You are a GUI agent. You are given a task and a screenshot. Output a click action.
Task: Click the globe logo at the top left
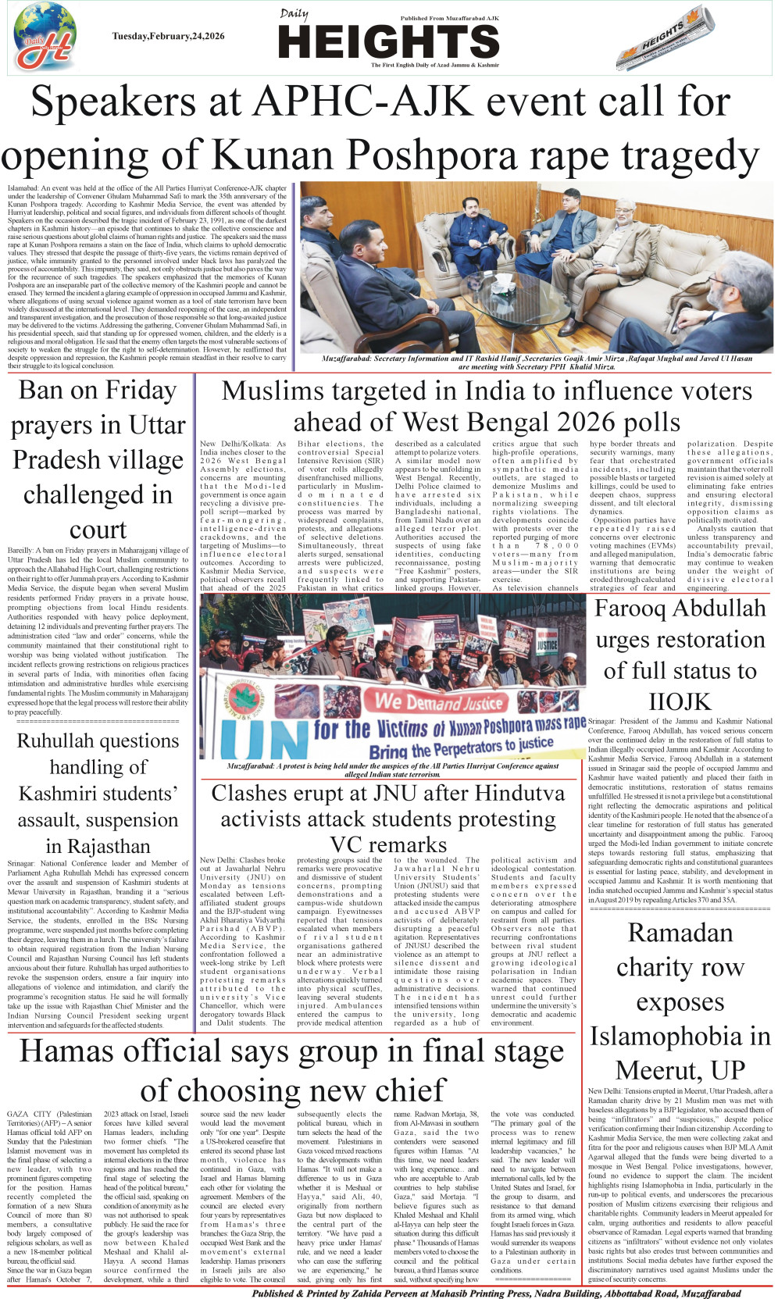tap(45, 37)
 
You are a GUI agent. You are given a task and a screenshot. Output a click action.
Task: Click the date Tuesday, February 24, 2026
tap(168, 36)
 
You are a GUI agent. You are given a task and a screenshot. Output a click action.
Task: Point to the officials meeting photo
tap(536, 266)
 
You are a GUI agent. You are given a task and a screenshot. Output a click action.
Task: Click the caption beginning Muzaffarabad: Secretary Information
tap(537, 362)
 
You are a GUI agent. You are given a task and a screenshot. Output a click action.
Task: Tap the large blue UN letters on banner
tap(259, 741)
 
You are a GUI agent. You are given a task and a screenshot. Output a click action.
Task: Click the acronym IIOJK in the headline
tap(680, 701)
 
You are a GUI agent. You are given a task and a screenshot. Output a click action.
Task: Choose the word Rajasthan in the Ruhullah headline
tap(98, 847)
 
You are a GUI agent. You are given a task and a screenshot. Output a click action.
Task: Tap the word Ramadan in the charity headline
tap(680, 933)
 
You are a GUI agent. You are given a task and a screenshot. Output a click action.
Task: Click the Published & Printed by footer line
tap(496, 1293)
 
